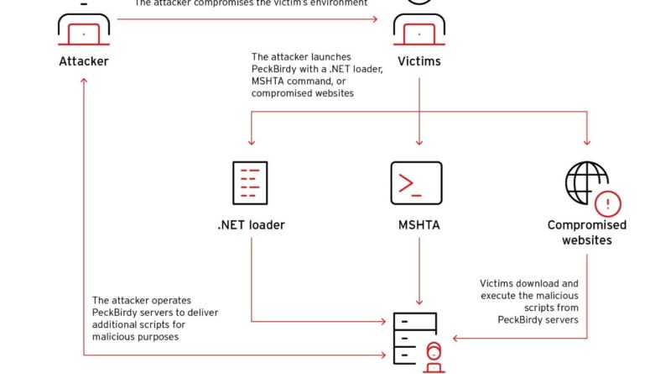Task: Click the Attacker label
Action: [84, 61]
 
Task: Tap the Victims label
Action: [418, 61]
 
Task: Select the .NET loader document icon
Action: [249, 183]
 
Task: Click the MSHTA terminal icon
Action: [416, 183]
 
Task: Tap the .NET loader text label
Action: [250, 225]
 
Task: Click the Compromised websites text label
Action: [587, 233]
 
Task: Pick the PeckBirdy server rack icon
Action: [414, 337]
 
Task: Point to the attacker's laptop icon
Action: [84, 32]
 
